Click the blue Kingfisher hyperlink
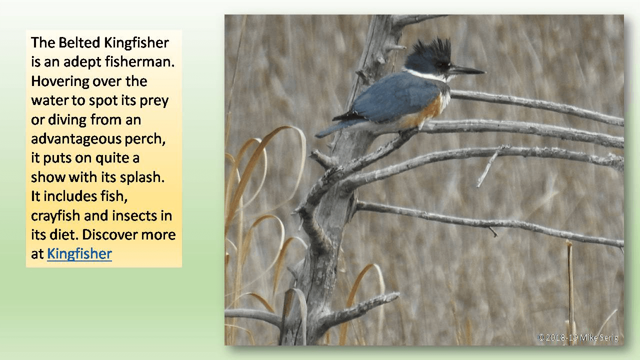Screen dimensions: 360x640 click(79, 253)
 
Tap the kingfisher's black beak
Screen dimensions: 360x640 click(467, 70)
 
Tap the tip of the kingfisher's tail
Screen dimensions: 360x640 click(321, 134)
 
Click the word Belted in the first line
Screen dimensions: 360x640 click(80, 42)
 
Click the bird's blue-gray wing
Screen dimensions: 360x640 click(395, 97)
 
